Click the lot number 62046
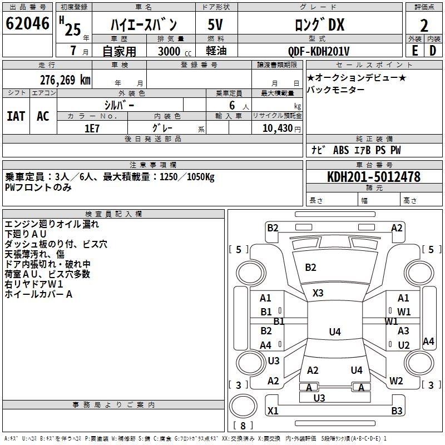click(x=27, y=23)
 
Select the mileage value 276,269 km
click(x=65, y=80)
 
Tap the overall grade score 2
click(x=424, y=26)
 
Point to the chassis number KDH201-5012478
click(x=374, y=176)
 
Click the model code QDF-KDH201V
click(x=319, y=51)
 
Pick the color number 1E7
click(x=92, y=128)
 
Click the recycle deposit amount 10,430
click(x=278, y=128)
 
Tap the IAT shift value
click(x=16, y=116)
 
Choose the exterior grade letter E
click(x=415, y=51)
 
